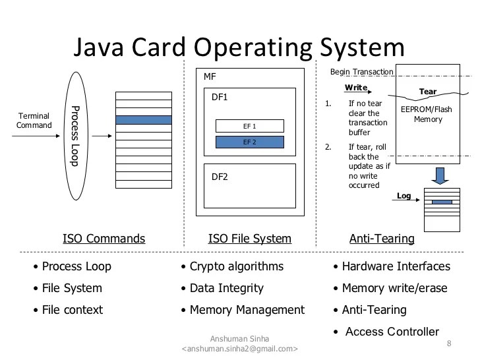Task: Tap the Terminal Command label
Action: pyautogui.click(x=34, y=121)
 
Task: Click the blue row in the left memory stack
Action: pyautogui.click(x=143, y=120)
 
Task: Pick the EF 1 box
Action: pyautogui.click(x=249, y=126)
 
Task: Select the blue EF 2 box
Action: pyautogui.click(x=249, y=142)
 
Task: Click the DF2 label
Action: pyautogui.click(x=220, y=177)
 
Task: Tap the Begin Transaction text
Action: pyautogui.click(x=361, y=72)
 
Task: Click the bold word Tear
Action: pyautogui.click(x=428, y=92)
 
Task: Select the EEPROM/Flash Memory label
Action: pyautogui.click(x=427, y=114)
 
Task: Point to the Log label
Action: pyautogui.click(x=404, y=196)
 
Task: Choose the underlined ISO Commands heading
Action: pyautogui.click(x=104, y=239)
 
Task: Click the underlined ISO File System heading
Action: pyautogui.click(x=249, y=239)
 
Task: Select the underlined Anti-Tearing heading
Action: pyautogui.click(x=382, y=239)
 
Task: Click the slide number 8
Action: pyautogui.click(x=449, y=344)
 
